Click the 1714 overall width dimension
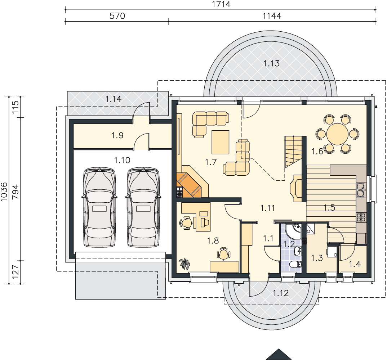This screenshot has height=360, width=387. click(221, 4)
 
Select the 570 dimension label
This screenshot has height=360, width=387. click(117, 16)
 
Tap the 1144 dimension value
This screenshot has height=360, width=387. click(272, 16)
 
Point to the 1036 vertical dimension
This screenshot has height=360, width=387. click(4, 192)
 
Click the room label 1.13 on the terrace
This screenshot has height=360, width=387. click(271, 63)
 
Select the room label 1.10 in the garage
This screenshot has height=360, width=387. click(122, 160)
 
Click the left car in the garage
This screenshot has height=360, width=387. click(99, 207)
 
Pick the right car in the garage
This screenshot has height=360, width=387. click(143, 207)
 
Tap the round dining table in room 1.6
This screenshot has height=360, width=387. click(337, 134)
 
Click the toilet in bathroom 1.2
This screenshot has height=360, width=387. click(296, 265)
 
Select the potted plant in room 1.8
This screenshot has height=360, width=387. click(184, 264)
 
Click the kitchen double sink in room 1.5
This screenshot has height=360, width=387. click(361, 190)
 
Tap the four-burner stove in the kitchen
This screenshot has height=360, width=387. click(361, 217)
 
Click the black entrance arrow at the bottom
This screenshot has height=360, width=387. click(279, 354)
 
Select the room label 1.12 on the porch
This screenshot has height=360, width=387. click(281, 293)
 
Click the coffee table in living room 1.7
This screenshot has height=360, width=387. click(221, 142)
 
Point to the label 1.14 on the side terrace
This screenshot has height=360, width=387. click(113, 99)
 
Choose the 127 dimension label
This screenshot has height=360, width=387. click(15, 272)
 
